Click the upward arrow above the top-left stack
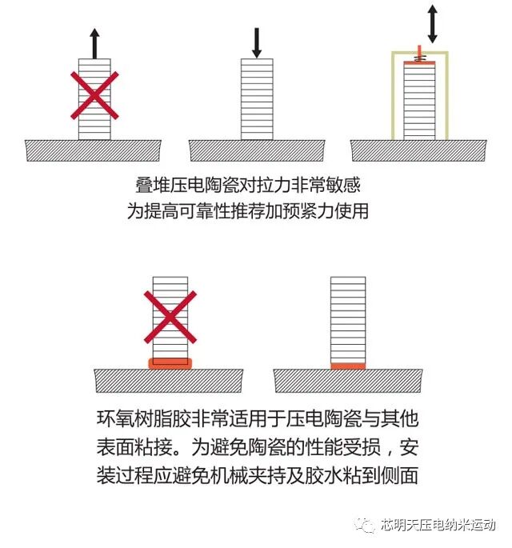[94, 43]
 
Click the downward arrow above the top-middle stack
[256, 42]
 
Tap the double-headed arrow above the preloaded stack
[433, 25]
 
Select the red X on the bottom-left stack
[170, 318]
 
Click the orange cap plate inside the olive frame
[418, 61]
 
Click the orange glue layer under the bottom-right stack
[348, 366]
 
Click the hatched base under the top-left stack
[94, 150]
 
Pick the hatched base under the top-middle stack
[257, 150]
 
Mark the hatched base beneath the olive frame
[418, 150]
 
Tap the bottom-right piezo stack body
[348, 319]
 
